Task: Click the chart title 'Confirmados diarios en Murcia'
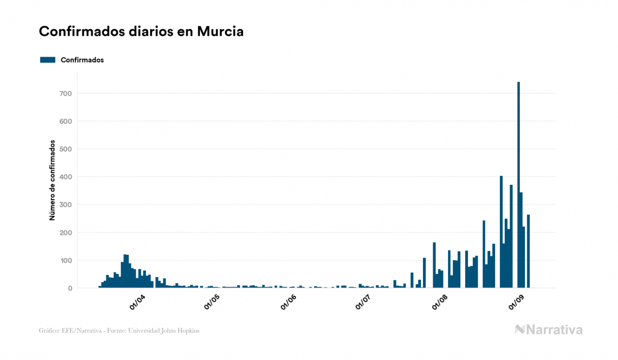click(x=141, y=32)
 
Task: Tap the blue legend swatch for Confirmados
click(x=48, y=60)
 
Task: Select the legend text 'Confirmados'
click(x=82, y=60)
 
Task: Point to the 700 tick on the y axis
click(x=65, y=93)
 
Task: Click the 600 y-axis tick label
click(x=65, y=121)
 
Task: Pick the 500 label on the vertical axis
click(x=65, y=149)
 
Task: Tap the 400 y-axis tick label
click(x=65, y=177)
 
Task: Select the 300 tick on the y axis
click(x=65, y=205)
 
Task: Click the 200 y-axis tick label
click(x=65, y=232)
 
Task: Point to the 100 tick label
click(x=65, y=260)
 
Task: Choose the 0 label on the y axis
click(x=69, y=288)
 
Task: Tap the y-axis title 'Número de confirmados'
click(x=52, y=180)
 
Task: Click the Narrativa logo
click(x=549, y=330)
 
